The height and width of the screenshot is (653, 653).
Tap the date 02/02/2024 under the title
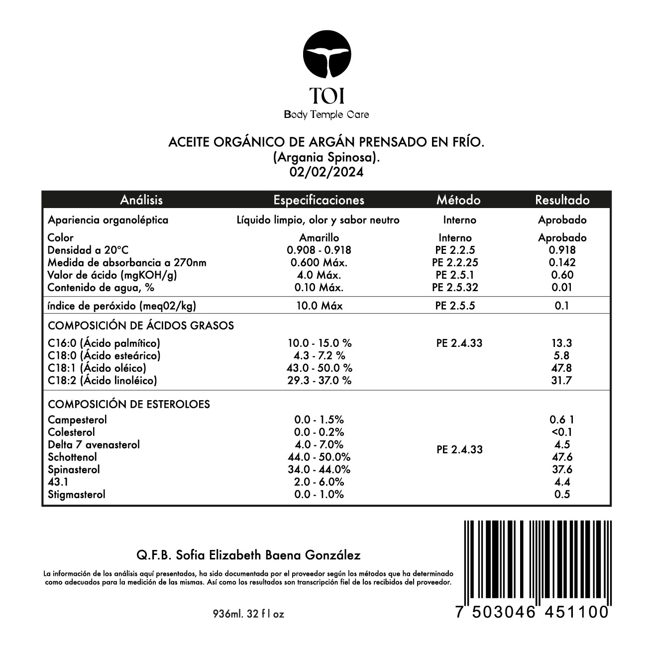point(326,172)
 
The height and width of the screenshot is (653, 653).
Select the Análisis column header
point(141,200)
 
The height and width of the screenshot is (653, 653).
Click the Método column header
point(458,200)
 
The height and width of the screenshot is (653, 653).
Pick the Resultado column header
point(562,200)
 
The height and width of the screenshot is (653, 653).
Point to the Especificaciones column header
point(319,200)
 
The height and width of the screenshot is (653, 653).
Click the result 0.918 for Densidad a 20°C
point(562,250)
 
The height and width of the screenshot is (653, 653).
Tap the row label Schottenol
point(72,457)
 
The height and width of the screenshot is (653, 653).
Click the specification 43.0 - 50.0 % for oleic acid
point(320,368)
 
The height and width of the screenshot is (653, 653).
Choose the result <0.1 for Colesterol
point(562,432)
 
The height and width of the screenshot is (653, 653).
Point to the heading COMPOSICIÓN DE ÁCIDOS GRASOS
point(141,326)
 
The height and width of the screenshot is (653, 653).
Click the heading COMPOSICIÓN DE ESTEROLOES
point(129,404)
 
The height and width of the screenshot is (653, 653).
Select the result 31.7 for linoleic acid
point(562,380)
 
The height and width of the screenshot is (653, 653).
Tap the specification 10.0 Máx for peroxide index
point(320,306)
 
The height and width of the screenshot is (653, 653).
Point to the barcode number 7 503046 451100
point(533,612)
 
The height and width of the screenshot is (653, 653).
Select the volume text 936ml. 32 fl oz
point(248,614)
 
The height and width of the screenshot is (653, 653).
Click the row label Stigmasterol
point(77,494)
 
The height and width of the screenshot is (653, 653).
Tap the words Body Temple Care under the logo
point(326,114)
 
